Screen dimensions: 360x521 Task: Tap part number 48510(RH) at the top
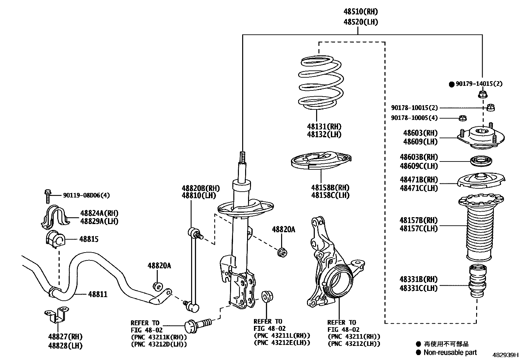[x=360, y=12]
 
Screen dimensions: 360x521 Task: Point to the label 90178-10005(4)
[x=414, y=118]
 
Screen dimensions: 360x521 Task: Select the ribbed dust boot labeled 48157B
[x=479, y=229]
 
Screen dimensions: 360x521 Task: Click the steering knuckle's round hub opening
[x=340, y=282]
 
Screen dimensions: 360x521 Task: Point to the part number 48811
[x=98, y=294]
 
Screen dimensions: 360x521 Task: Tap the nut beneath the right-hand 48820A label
[x=282, y=253]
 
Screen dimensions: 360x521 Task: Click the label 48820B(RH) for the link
[x=201, y=188]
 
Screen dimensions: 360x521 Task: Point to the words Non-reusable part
[x=450, y=352]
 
